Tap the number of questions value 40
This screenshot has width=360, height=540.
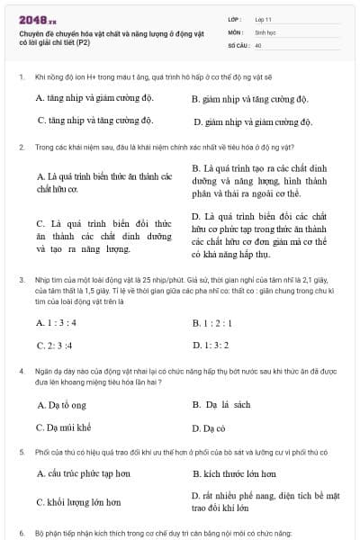258,44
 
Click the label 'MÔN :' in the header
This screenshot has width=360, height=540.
237,31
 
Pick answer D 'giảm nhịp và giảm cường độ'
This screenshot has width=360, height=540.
252,121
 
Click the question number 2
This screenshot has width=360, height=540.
21,146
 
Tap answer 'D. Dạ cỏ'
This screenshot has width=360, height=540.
209,428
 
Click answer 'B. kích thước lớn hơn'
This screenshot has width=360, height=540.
234,472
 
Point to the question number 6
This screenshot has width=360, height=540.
21,534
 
